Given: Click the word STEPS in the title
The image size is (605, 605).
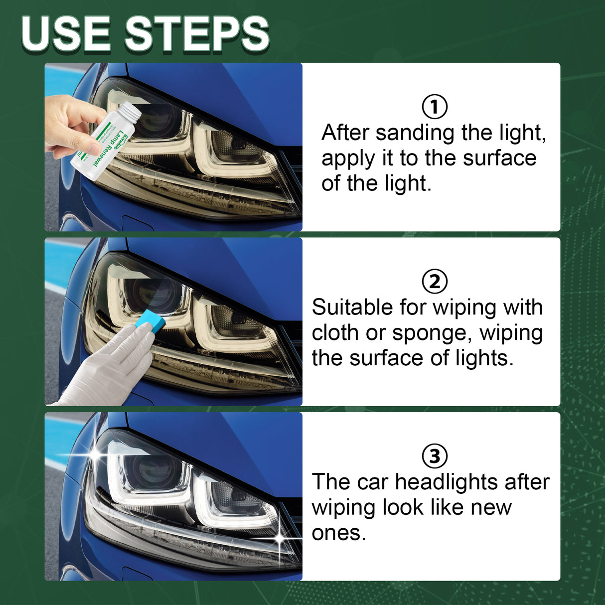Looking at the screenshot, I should pyautogui.click(x=197, y=34).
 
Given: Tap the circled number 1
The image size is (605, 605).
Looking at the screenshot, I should pyautogui.click(x=435, y=107).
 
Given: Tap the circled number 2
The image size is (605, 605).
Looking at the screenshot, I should pyautogui.click(x=435, y=282).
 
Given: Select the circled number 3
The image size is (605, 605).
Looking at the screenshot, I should pyautogui.click(x=435, y=456).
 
